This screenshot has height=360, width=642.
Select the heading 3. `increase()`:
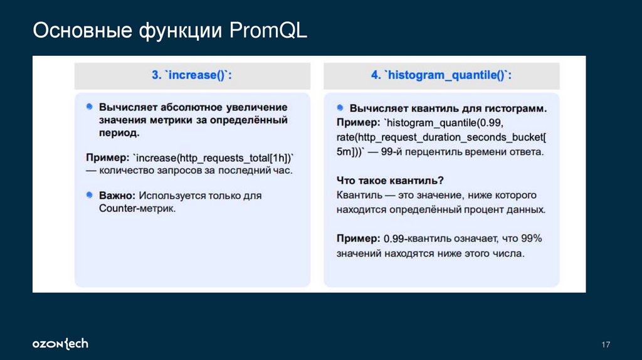coord(192,75)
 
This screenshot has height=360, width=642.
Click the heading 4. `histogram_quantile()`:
coord(441,75)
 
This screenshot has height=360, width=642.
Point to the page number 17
coord(605,344)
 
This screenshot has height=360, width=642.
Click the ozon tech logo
coord(60,344)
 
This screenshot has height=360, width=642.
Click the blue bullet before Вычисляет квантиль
coord(340,107)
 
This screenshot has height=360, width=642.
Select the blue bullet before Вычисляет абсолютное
coord(90,107)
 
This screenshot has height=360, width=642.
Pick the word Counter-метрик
coord(137,208)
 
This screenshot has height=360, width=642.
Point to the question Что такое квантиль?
coord(390,180)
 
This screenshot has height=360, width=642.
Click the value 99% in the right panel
coord(530,238)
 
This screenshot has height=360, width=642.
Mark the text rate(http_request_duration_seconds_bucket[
coord(441,137)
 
